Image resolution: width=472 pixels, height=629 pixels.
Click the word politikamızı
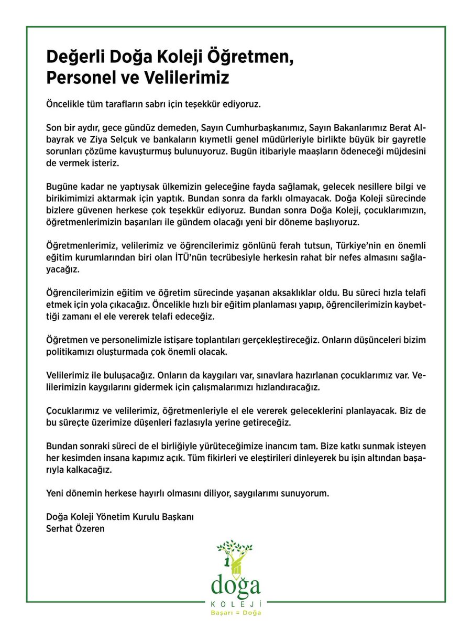71,352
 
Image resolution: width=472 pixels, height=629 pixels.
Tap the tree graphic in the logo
235,556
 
